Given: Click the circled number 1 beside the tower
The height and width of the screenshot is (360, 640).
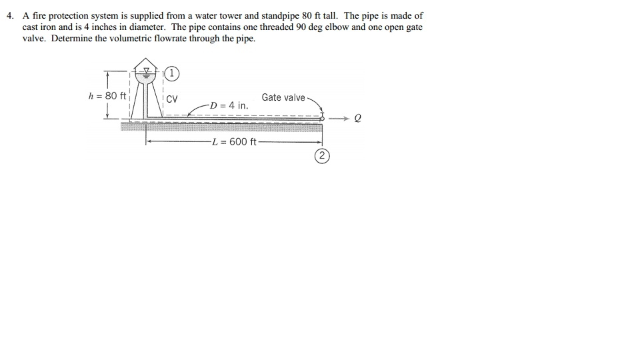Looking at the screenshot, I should click(x=171, y=73).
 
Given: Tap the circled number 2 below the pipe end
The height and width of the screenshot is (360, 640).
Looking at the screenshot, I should click(x=322, y=157).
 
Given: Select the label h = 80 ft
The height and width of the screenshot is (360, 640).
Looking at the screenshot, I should click(x=107, y=96).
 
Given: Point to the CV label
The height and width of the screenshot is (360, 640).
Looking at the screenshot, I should click(x=172, y=100).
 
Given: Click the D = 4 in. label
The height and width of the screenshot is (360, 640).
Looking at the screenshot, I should click(x=228, y=105).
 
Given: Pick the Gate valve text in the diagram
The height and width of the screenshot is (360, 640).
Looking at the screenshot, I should click(x=283, y=98).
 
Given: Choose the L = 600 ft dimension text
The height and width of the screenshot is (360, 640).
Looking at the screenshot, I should click(x=233, y=141).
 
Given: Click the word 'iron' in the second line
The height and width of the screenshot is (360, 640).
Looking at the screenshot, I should click(x=52, y=27).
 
